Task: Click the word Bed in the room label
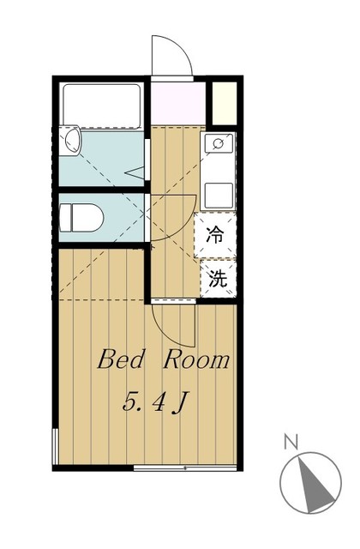(121, 359)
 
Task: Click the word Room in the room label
(196, 359)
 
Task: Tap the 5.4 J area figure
(153, 402)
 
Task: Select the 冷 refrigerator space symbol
(215, 234)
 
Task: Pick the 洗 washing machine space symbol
(218, 279)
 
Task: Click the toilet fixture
(81, 218)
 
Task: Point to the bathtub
(101, 106)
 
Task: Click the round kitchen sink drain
(219, 143)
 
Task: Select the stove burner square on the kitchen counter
(219, 196)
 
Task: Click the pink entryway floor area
(177, 103)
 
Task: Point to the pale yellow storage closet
(225, 103)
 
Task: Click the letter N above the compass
(291, 442)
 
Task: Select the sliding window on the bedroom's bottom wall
(185, 468)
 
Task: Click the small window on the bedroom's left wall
(55, 446)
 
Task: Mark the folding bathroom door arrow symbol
(135, 172)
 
